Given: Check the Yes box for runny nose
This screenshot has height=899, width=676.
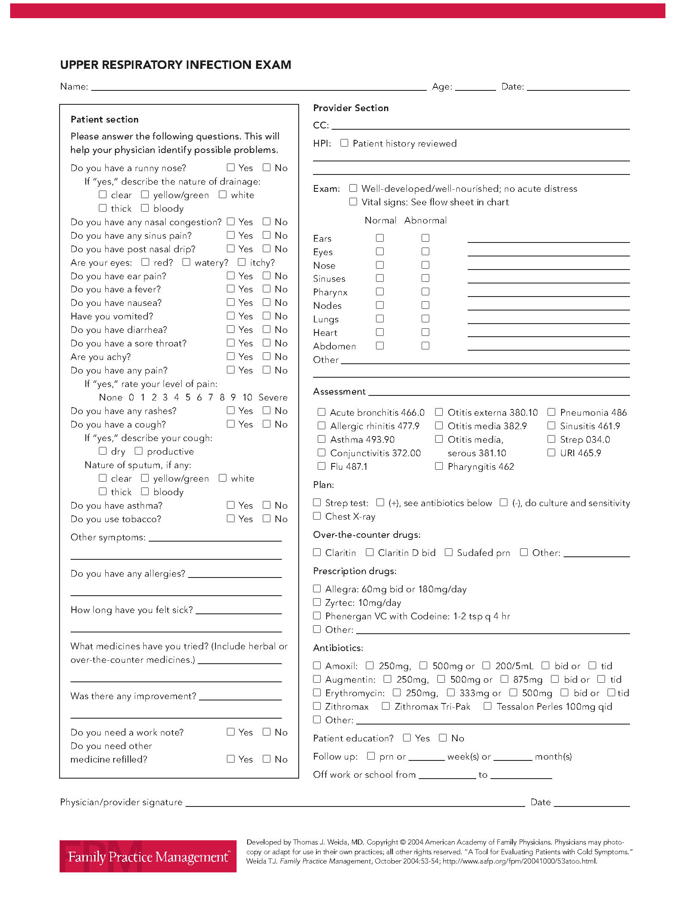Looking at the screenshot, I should [x=231, y=167].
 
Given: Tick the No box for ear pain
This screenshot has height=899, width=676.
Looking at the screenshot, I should [x=267, y=275].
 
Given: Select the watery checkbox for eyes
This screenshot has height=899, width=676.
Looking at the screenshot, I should [x=186, y=262].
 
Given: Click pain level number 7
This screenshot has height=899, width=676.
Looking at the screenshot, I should [x=210, y=397].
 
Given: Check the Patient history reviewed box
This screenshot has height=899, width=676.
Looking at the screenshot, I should [x=344, y=143].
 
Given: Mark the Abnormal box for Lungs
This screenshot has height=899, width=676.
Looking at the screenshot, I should [x=425, y=319].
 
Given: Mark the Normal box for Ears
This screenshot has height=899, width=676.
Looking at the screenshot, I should [x=380, y=238].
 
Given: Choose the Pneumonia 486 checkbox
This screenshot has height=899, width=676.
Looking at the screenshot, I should [x=551, y=412].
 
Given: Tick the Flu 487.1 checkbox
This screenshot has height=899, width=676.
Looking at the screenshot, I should [x=322, y=466].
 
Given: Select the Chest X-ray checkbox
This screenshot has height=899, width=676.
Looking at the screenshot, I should [x=317, y=516].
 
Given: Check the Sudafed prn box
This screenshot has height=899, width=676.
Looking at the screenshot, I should [x=449, y=552].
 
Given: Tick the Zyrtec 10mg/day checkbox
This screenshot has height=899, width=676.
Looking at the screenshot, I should [x=317, y=602].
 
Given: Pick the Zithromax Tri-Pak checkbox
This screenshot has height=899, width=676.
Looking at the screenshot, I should [x=386, y=706].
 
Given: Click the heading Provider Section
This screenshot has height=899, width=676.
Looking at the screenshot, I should [x=351, y=108].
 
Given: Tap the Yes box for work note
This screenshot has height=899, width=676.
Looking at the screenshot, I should [x=231, y=732].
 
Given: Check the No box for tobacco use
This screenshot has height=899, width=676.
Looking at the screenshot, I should [x=267, y=518].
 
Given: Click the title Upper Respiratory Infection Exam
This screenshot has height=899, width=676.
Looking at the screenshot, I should [x=176, y=65].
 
